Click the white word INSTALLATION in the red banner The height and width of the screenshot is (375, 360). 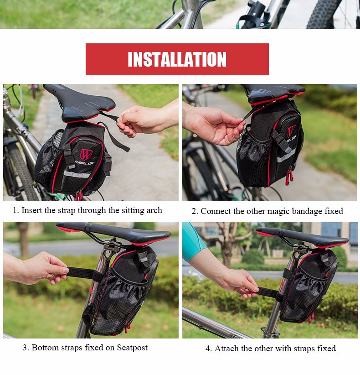[177, 59]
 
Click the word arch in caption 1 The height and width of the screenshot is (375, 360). [154, 210]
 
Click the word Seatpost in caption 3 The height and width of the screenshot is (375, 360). [132, 348]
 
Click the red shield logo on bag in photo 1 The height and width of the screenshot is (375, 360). [85, 155]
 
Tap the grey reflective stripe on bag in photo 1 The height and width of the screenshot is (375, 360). [77, 174]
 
